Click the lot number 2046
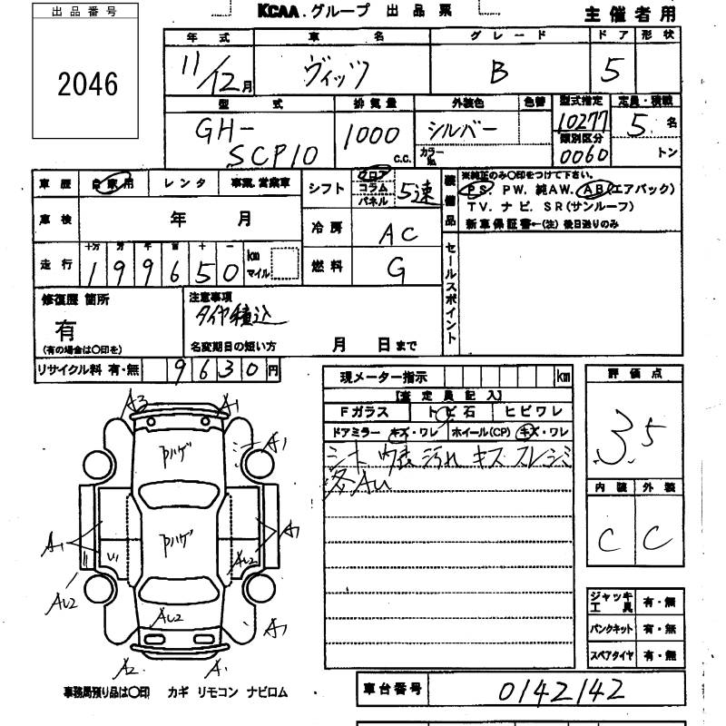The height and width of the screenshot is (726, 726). tap(87, 84)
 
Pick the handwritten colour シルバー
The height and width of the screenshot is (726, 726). tap(463, 131)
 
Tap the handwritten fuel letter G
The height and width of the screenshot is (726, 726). tap(395, 267)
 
